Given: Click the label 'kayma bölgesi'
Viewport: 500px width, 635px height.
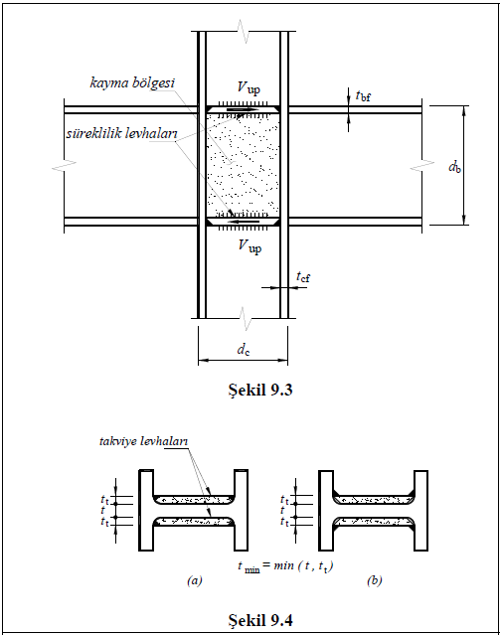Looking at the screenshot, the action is pyautogui.click(x=132, y=83).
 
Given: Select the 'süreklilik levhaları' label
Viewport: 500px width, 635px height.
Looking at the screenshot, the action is pyautogui.click(x=122, y=133).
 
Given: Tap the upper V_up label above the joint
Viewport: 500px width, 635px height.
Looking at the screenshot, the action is pyautogui.click(x=249, y=87).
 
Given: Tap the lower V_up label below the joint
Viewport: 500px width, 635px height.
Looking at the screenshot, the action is pyautogui.click(x=250, y=245).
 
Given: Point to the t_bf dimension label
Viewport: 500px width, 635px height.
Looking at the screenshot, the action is pyautogui.click(x=363, y=96).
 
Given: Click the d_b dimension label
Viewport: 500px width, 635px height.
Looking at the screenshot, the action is pyautogui.click(x=454, y=167).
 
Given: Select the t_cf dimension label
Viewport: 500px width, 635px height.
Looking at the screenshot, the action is pyautogui.click(x=303, y=277).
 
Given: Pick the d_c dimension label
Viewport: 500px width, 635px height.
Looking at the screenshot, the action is pyautogui.click(x=244, y=349).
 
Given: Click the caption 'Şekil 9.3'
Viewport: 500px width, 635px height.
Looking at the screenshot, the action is pyautogui.click(x=260, y=390).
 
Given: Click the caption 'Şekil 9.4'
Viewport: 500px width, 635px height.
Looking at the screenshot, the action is pyautogui.click(x=260, y=620).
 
